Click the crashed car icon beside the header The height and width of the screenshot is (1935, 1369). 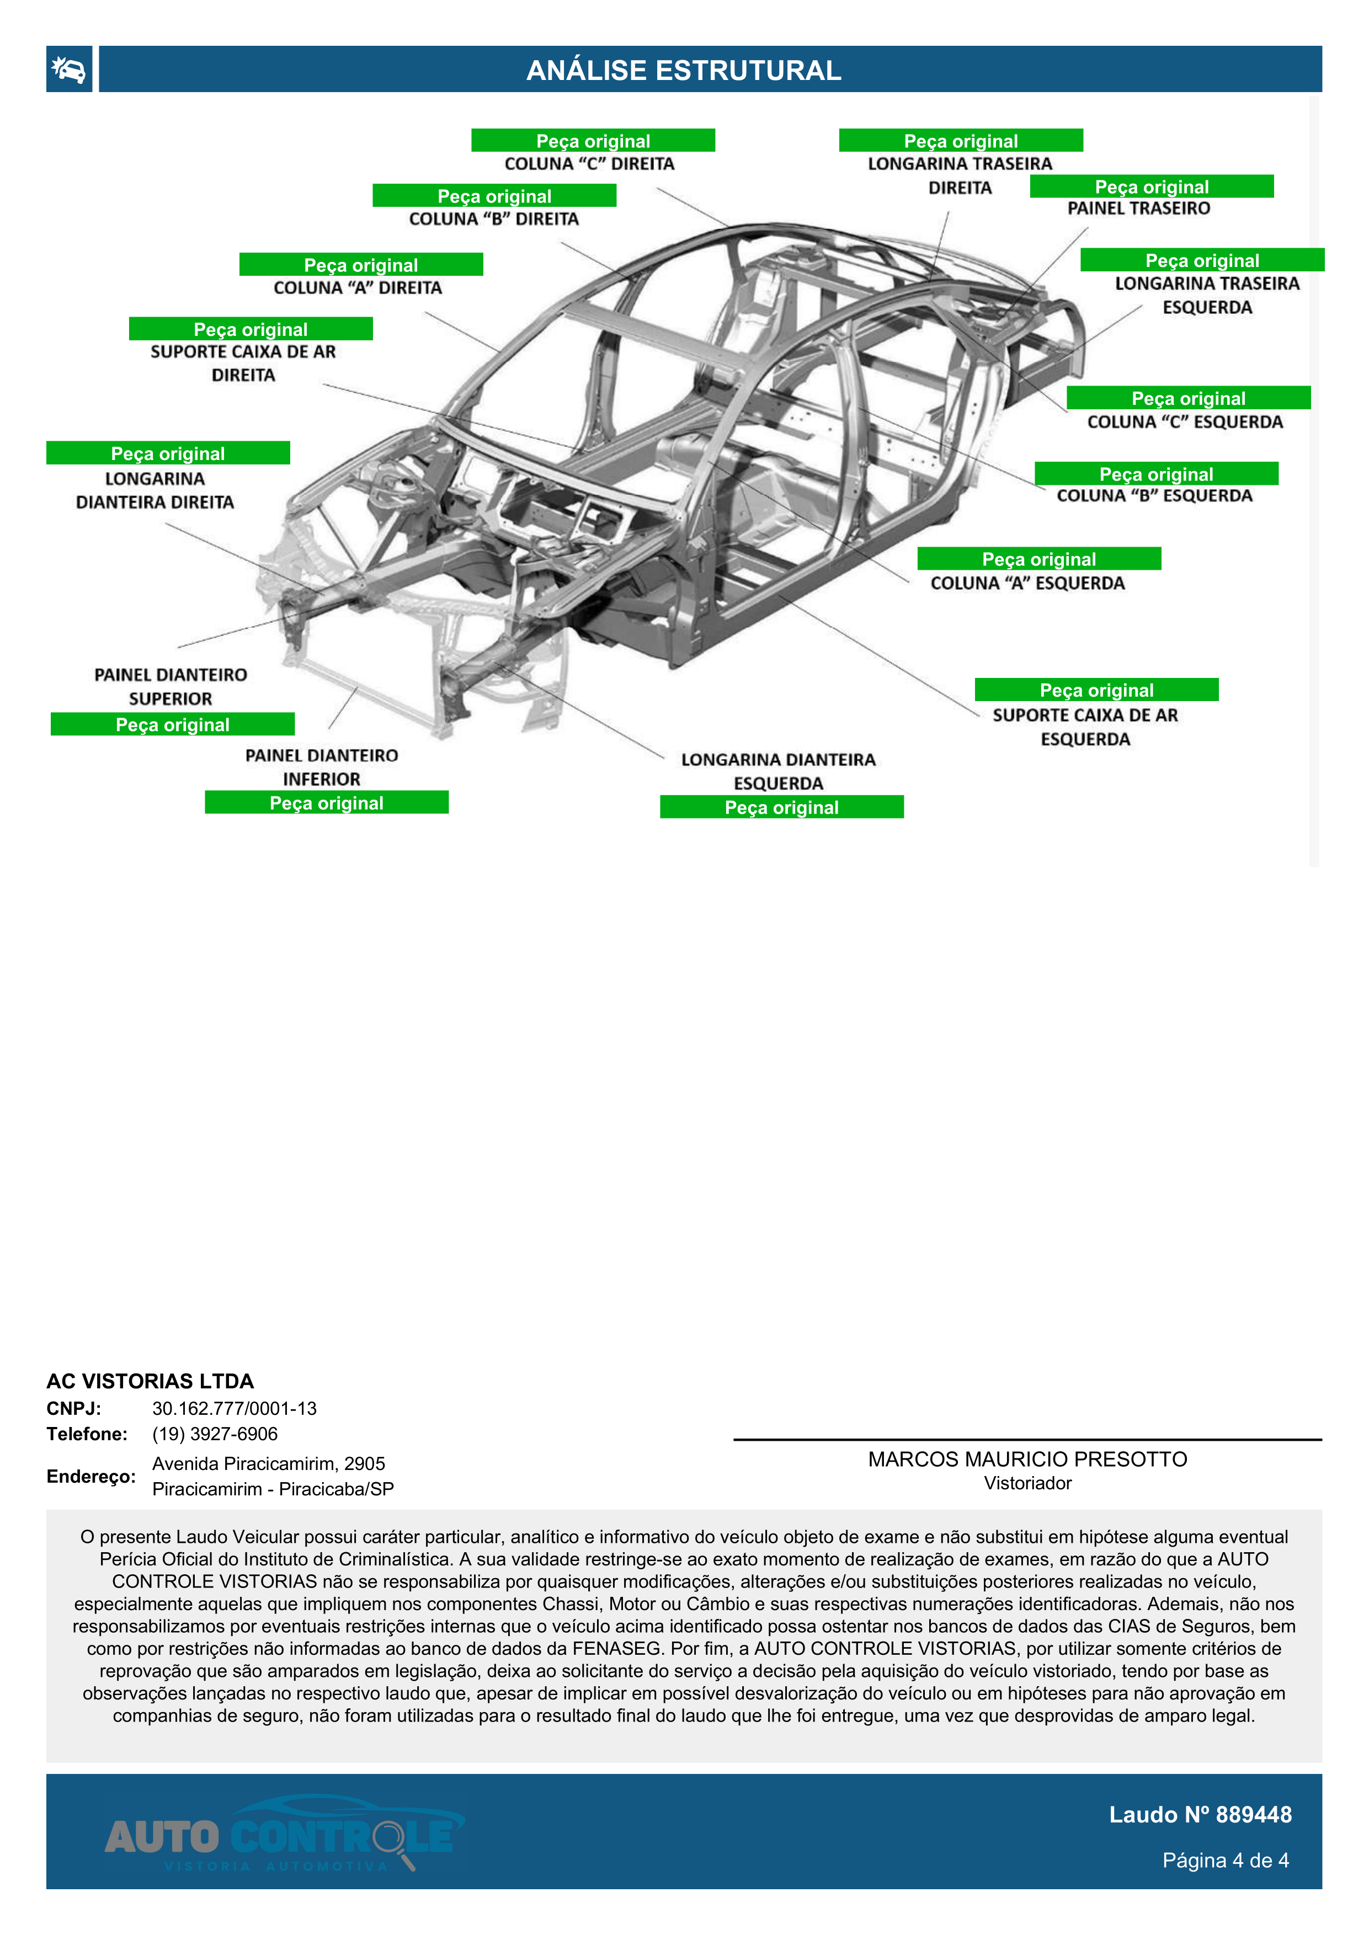[69, 69]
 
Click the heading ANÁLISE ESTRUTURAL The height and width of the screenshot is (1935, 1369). [684, 70]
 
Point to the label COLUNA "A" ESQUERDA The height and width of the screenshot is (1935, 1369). [1027, 583]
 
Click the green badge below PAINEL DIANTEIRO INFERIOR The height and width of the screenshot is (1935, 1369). [326, 803]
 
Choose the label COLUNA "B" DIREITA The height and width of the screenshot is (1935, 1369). [494, 219]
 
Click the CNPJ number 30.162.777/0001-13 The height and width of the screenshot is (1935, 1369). [235, 1408]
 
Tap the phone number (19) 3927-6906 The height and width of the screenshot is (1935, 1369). [215, 1434]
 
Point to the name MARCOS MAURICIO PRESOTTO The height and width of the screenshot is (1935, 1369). [1027, 1459]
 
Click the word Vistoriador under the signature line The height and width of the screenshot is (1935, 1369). [1027, 1483]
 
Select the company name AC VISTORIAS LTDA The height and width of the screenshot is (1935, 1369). [150, 1381]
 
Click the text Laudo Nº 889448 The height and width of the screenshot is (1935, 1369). [1200, 1815]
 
